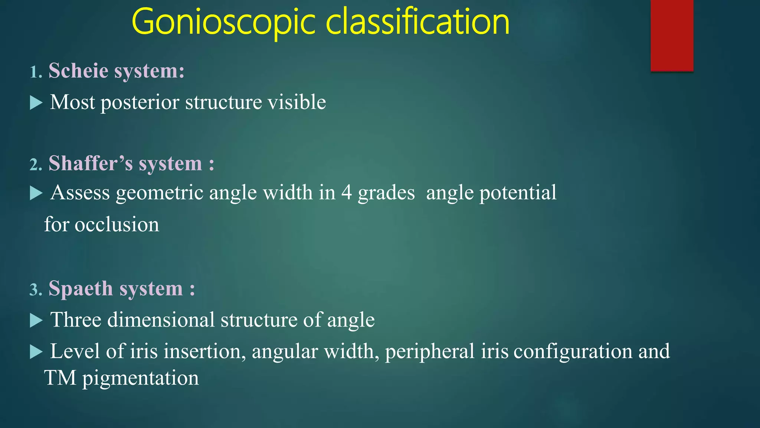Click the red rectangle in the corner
coord(672,35)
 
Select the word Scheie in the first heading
coord(78,71)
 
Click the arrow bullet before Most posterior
coord(36,103)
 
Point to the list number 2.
coord(35,165)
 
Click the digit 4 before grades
coord(346,193)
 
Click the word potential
coord(518,193)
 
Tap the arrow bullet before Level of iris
coord(36,351)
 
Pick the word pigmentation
coord(140,379)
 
